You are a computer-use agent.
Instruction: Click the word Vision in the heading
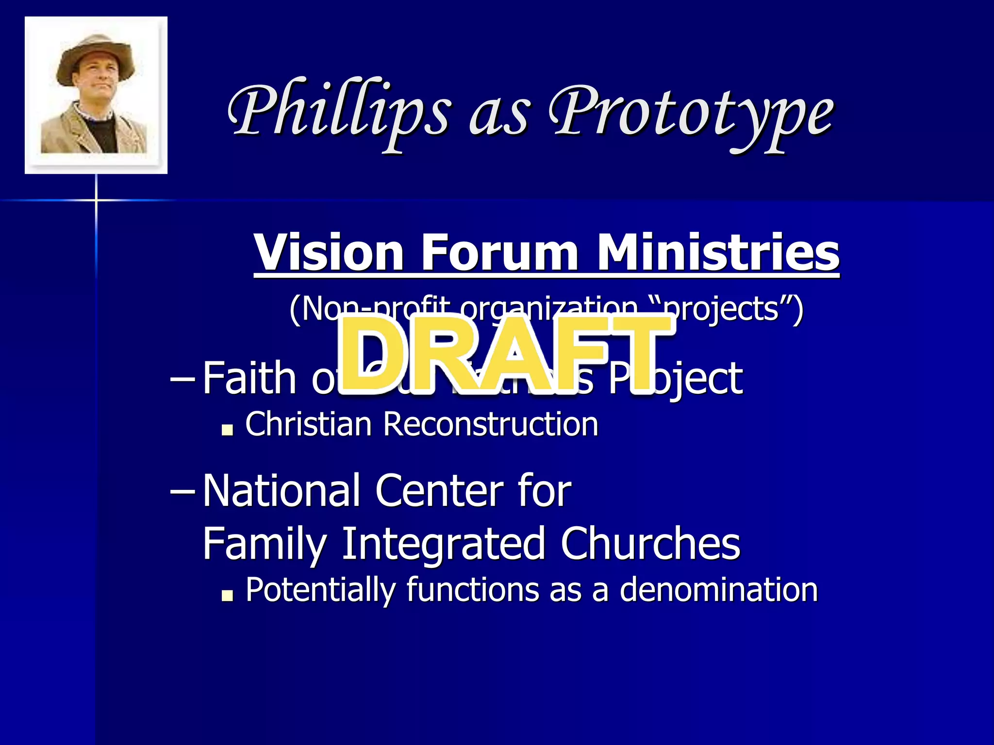tap(329, 252)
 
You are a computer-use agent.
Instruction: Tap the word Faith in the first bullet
tap(249, 378)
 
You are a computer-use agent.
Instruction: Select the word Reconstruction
tap(490, 424)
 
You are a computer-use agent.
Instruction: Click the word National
tap(282, 491)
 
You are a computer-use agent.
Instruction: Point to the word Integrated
tap(444, 543)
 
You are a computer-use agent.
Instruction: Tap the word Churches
tap(650, 543)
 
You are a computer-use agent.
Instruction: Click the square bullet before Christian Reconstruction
tap(227, 430)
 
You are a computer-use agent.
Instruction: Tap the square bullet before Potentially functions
tap(227, 595)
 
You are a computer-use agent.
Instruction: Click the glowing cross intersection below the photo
tap(96, 200)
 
